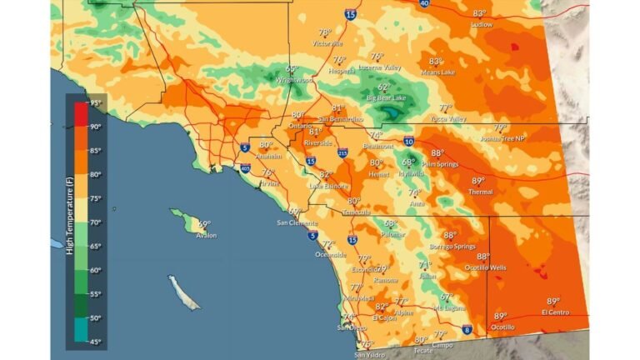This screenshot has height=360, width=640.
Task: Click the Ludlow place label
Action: pos(482,25)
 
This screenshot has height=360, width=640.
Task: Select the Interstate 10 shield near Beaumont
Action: pos(408,142)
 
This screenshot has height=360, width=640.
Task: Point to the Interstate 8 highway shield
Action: pos(468,330)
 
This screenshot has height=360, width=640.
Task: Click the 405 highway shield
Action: pos(245,169)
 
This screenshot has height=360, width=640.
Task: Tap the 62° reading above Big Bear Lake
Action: pos(383,87)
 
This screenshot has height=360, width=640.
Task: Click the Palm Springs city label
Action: pos(441,164)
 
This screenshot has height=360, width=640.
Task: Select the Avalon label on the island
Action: pos(206,235)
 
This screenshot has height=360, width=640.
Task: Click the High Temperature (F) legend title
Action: pos(71,222)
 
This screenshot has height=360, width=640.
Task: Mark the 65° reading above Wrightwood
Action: pos(292,70)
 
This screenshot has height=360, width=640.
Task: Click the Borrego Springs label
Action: pos(453,247)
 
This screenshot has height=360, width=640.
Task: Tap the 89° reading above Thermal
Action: pos(478,181)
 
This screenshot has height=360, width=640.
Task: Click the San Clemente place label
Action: pos(297,223)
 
